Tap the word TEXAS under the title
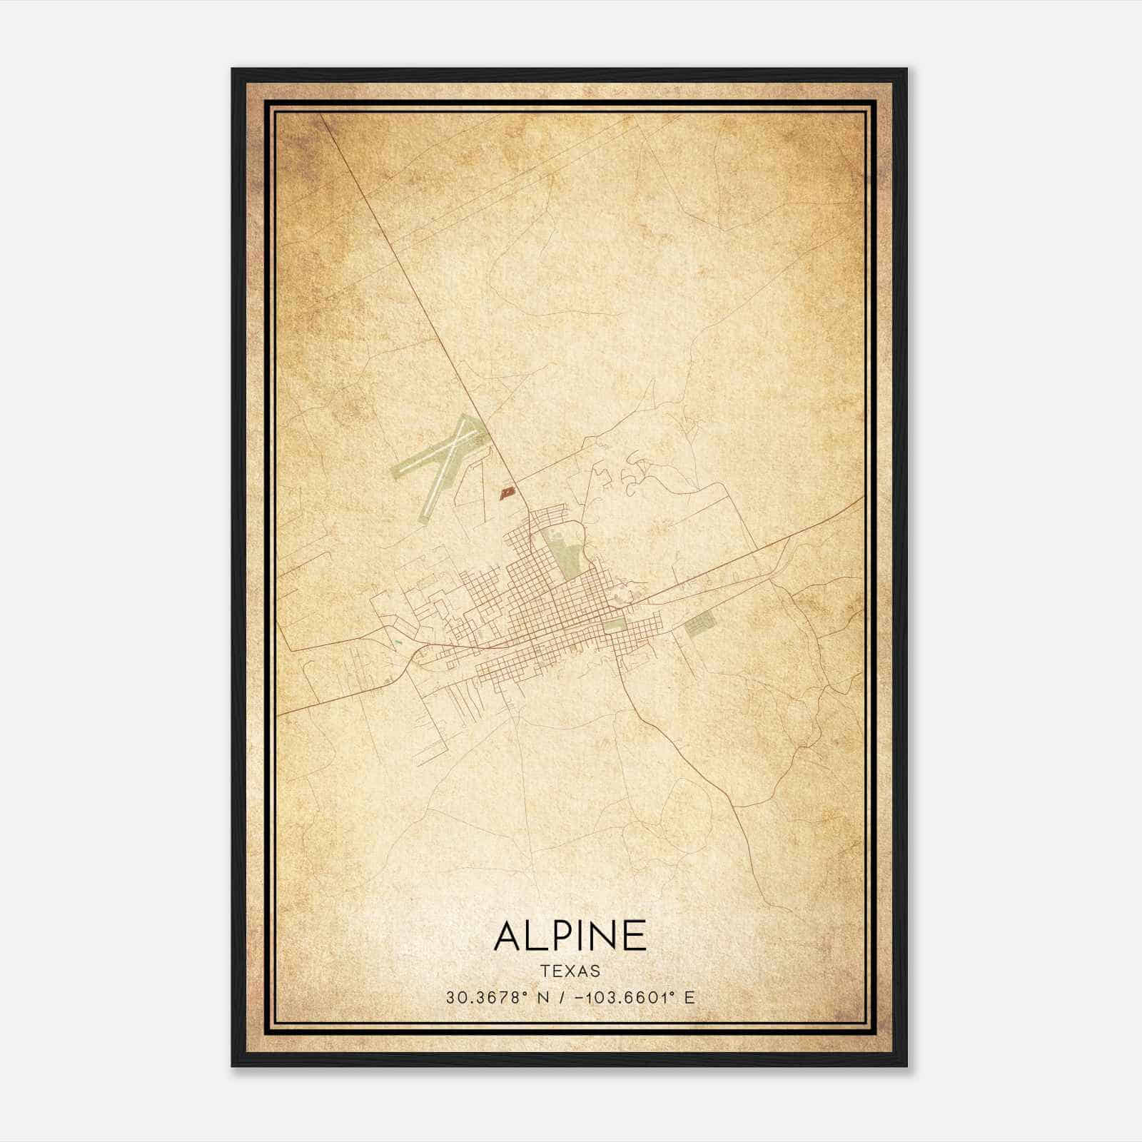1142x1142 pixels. pyautogui.click(x=570, y=971)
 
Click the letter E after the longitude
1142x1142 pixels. pyautogui.click(x=689, y=997)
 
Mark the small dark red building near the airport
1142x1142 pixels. pyautogui.click(x=507, y=492)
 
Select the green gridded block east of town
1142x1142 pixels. pyautogui.click(x=699, y=625)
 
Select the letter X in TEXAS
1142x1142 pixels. pyautogui.click(x=570, y=971)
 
